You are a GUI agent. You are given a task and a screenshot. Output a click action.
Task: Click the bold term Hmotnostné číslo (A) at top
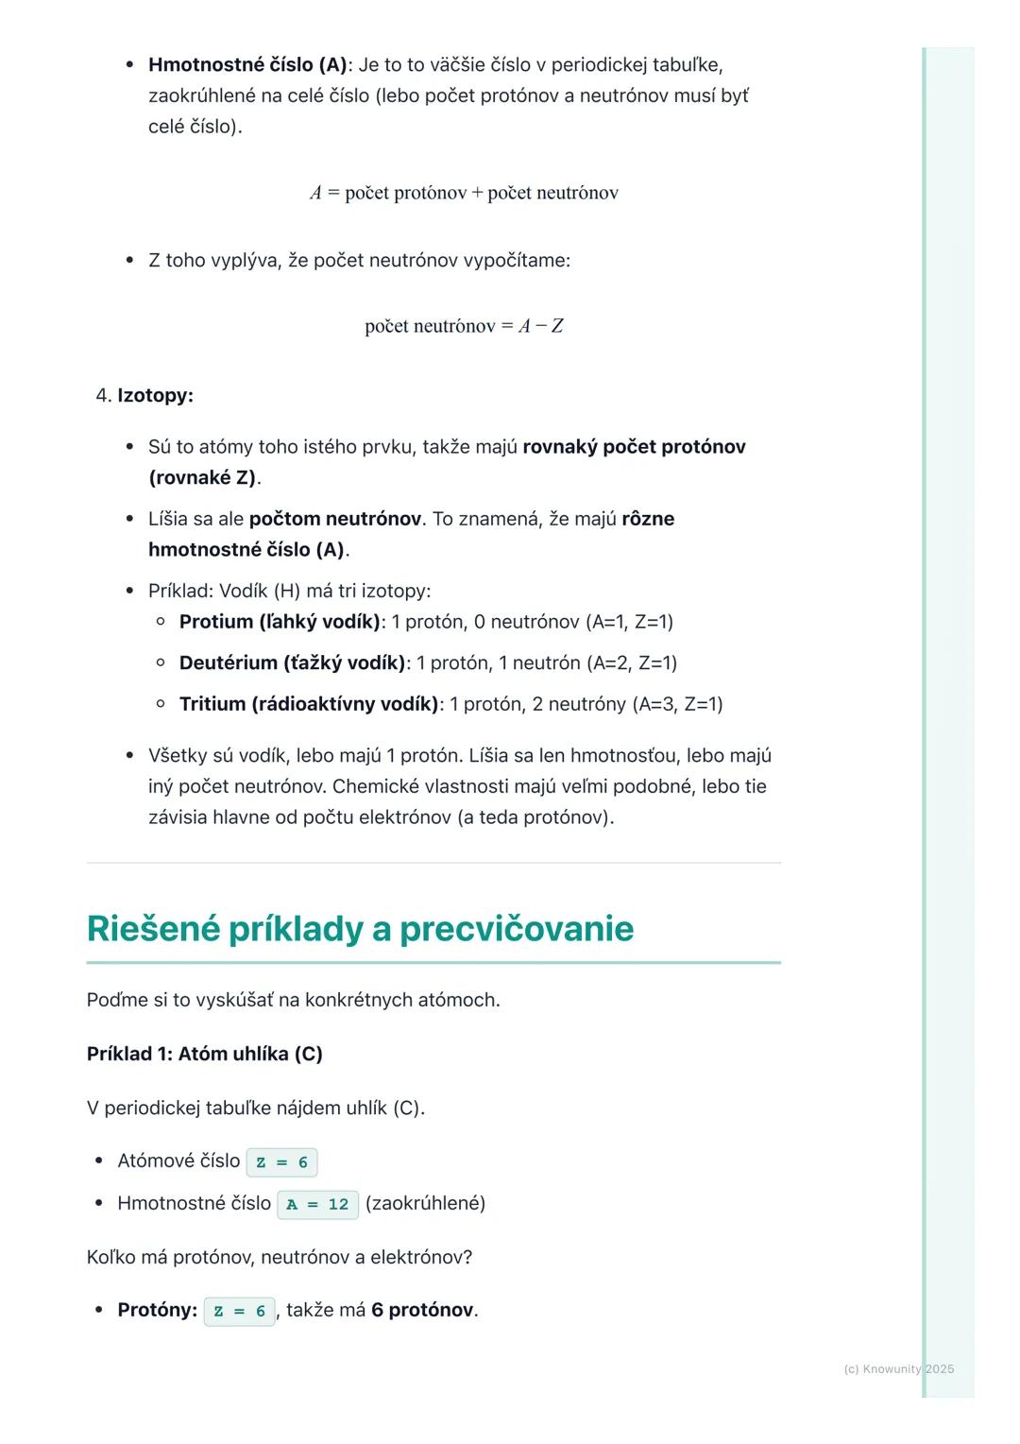(x=247, y=65)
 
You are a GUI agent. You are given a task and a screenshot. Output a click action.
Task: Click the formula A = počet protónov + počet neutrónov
(x=464, y=193)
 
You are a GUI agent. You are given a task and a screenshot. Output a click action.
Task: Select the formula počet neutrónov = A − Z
(x=464, y=326)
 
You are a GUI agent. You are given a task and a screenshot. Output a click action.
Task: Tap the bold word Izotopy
(x=155, y=395)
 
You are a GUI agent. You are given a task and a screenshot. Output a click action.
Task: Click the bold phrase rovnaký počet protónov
(x=634, y=447)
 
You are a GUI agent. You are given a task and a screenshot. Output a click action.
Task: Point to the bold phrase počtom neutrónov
(x=334, y=519)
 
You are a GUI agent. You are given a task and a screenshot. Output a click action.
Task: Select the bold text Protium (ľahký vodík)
(x=280, y=622)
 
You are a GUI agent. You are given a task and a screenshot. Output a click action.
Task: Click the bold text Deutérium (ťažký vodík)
(x=292, y=662)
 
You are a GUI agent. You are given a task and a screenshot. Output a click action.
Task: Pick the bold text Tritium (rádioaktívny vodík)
(x=309, y=704)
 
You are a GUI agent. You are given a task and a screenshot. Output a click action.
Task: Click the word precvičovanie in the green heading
(x=516, y=928)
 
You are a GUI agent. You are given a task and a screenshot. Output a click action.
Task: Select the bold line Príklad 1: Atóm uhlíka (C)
(x=205, y=1054)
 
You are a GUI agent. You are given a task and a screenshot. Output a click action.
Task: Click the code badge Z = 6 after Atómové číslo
(x=281, y=1162)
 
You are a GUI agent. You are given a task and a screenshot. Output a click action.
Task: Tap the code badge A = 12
(x=317, y=1205)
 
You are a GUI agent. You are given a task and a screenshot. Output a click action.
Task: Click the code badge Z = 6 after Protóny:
(x=240, y=1312)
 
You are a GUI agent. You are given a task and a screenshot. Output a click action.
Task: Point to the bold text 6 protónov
(x=423, y=1311)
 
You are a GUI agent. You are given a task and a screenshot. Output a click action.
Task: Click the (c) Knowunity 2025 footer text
(x=898, y=1368)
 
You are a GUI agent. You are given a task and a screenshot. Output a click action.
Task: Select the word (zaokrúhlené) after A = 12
(x=425, y=1204)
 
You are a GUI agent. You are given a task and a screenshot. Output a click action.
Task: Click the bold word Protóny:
(x=157, y=1311)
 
